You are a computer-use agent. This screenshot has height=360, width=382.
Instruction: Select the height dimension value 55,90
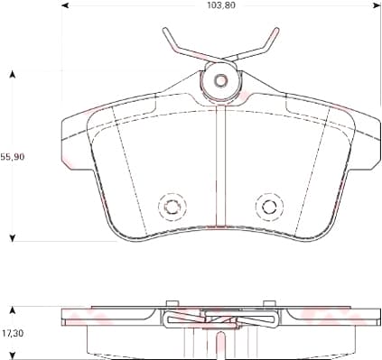point(13,156)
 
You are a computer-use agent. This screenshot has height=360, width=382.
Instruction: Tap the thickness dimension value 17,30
point(13,333)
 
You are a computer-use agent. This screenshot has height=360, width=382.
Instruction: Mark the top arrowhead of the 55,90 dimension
point(13,72)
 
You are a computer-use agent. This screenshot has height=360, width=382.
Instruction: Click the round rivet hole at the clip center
point(219,81)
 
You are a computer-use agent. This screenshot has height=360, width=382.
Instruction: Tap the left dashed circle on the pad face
point(169,207)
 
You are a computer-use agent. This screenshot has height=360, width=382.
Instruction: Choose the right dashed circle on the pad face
point(268,207)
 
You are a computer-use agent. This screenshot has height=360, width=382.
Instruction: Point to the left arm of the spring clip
point(179,45)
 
